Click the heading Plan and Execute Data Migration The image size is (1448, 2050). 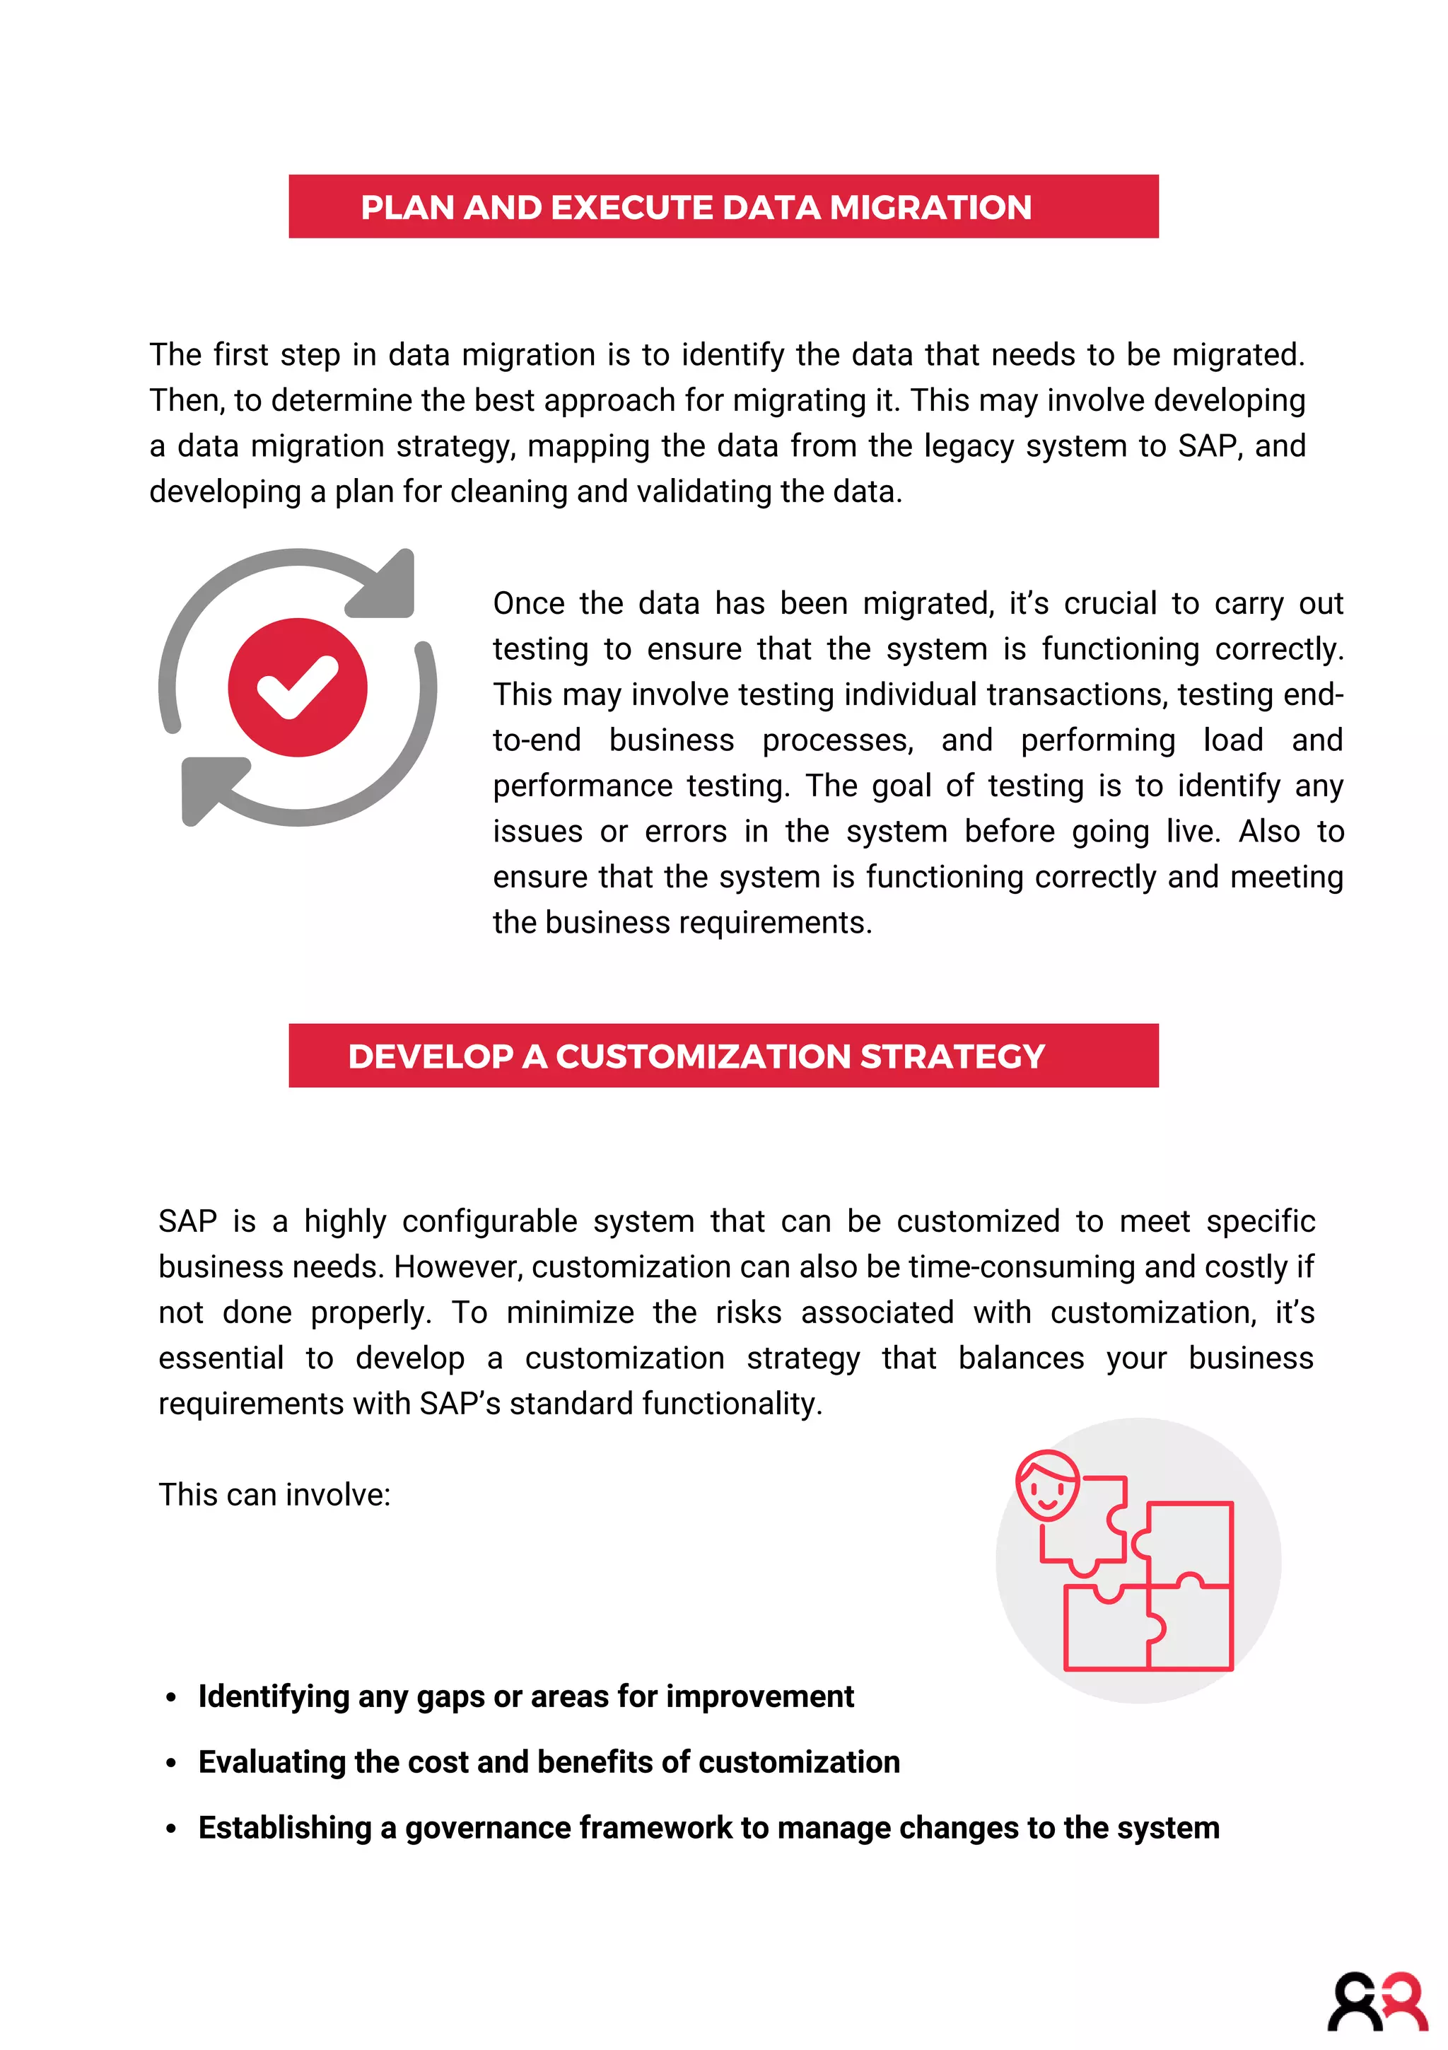[696, 207]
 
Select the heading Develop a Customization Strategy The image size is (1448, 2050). [696, 1056]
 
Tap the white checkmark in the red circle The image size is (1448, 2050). [297, 687]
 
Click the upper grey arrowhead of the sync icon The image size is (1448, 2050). [385, 585]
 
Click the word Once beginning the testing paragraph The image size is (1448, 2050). [528, 604]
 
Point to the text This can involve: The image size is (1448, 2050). [275, 1495]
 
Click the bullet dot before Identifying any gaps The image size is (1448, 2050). [171, 1697]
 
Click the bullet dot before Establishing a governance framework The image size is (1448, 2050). [171, 1829]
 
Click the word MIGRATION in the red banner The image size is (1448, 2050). [930, 207]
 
